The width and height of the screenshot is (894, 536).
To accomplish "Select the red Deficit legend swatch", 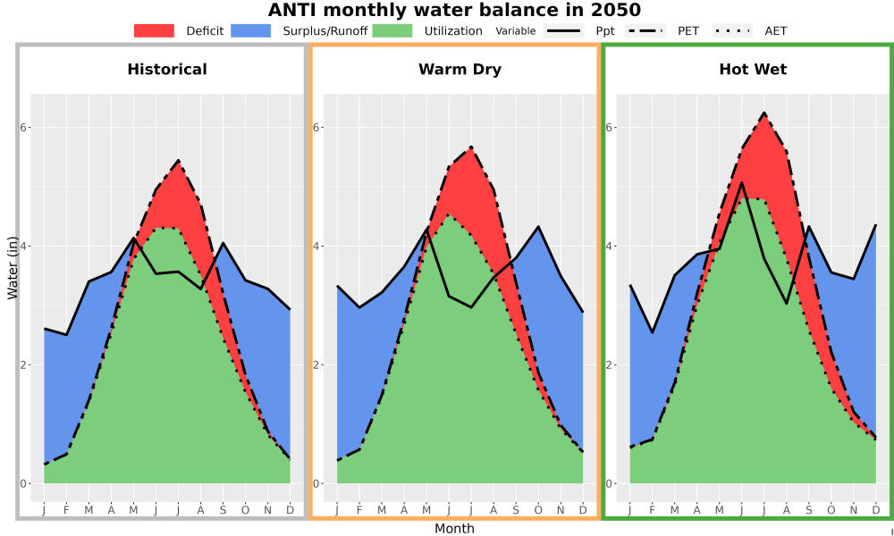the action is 154,30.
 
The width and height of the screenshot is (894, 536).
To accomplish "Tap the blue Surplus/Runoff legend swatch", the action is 251,30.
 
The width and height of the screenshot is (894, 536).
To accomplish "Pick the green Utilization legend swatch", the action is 392,30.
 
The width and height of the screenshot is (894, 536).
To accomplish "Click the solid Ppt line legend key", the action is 563,30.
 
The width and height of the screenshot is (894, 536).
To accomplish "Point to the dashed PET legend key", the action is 645,30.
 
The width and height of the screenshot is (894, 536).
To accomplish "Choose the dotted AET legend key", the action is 732,30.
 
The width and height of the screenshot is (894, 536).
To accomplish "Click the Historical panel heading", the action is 167,70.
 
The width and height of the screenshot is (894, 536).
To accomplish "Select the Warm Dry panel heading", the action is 460,70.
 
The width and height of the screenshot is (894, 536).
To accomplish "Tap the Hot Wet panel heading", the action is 753,70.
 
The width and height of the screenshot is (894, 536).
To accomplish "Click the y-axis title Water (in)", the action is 12,268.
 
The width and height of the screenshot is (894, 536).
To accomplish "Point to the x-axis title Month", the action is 454,529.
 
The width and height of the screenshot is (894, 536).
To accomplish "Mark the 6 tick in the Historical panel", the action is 24,127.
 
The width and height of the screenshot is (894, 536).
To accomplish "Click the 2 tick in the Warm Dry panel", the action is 317,365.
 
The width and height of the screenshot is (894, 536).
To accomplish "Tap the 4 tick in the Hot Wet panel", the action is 610,246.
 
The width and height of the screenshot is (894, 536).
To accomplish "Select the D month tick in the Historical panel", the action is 291,510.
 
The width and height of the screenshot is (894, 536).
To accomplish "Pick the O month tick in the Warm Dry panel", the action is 538,510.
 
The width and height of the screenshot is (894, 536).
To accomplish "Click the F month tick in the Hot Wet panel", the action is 653,510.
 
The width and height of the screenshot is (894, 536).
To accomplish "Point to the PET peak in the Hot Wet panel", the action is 764,113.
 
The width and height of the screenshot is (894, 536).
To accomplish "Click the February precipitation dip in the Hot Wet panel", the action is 653,332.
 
